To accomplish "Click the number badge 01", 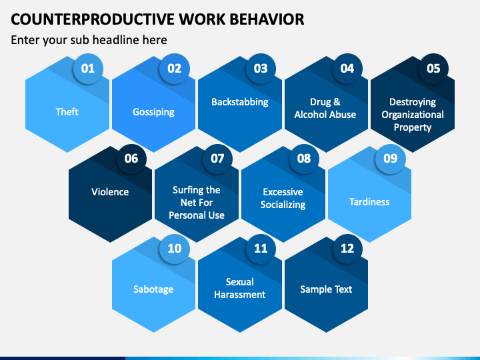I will click(x=88, y=68).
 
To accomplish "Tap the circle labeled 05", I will click(x=433, y=68).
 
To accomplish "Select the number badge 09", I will click(x=391, y=158).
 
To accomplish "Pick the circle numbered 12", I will click(x=347, y=248).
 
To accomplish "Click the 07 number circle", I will click(x=217, y=158).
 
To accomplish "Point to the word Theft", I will click(x=67, y=112).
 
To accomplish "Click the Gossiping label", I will click(x=153, y=112).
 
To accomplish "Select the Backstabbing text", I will click(x=240, y=102).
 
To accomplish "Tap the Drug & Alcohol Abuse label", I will click(x=325, y=108).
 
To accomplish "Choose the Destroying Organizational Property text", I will click(x=413, y=115).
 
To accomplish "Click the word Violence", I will click(x=110, y=192).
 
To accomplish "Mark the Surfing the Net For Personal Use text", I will click(x=197, y=203).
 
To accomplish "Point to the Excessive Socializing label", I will click(x=283, y=198).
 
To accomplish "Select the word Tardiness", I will click(x=369, y=201).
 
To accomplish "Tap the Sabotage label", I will click(x=153, y=289).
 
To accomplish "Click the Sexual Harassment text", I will click(x=239, y=288).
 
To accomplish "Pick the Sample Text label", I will click(x=326, y=289).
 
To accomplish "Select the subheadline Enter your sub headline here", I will click(x=89, y=40).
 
